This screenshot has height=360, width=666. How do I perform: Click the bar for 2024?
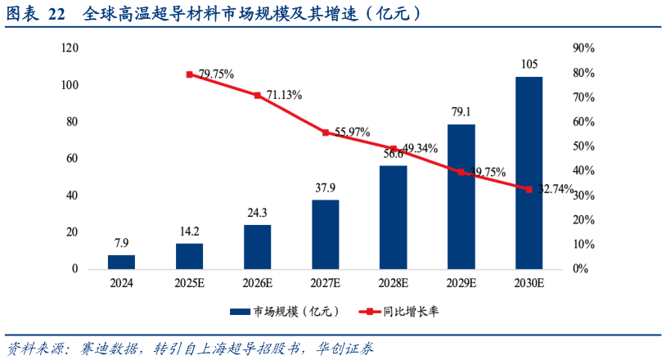click(x=121, y=262)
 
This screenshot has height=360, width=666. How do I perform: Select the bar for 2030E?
click(x=529, y=173)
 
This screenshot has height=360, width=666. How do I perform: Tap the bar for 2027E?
click(x=325, y=234)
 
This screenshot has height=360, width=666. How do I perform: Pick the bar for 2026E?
click(x=257, y=246)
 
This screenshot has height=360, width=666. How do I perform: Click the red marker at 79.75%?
click(x=190, y=74)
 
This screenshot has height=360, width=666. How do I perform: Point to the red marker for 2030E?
click(x=529, y=189)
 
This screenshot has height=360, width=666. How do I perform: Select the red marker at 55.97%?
click(x=325, y=133)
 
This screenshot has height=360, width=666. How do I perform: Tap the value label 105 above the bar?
click(x=529, y=65)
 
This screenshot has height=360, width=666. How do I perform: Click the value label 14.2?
click(x=189, y=231)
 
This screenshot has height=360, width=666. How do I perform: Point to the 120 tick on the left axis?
click(x=70, y=48)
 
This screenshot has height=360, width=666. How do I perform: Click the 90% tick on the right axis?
click(x=583, y=48)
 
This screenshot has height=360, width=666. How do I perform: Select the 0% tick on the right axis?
click(x=579, y=268)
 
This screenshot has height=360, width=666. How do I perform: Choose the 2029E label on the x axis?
click(x=461, y=283)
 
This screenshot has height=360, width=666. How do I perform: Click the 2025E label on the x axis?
click(x=189, y=283)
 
